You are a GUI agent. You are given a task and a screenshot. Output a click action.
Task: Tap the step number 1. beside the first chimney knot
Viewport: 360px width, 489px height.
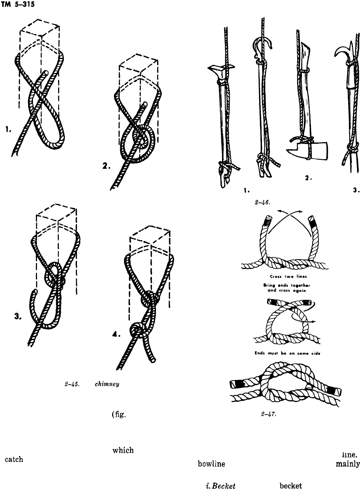(8, 129)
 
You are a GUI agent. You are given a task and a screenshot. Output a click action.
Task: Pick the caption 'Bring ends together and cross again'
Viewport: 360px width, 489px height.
(282, 288)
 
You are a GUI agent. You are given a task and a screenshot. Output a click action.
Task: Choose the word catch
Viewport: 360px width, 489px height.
(14, 459)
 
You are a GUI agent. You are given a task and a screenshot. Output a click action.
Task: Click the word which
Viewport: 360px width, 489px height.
(122, 450)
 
